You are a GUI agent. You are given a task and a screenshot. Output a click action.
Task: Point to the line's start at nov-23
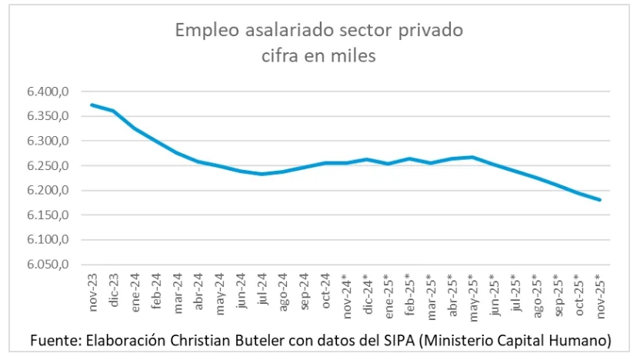(x=93, y=105)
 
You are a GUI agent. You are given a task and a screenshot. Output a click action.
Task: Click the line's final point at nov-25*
(x=600, y=200)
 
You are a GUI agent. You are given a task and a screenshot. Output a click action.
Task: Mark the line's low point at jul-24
(x=262, y=174)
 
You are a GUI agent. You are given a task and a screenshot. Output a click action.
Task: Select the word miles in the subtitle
(x=355, y=56)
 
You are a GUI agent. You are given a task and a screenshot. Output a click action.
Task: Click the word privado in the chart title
(x=432, y=32)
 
